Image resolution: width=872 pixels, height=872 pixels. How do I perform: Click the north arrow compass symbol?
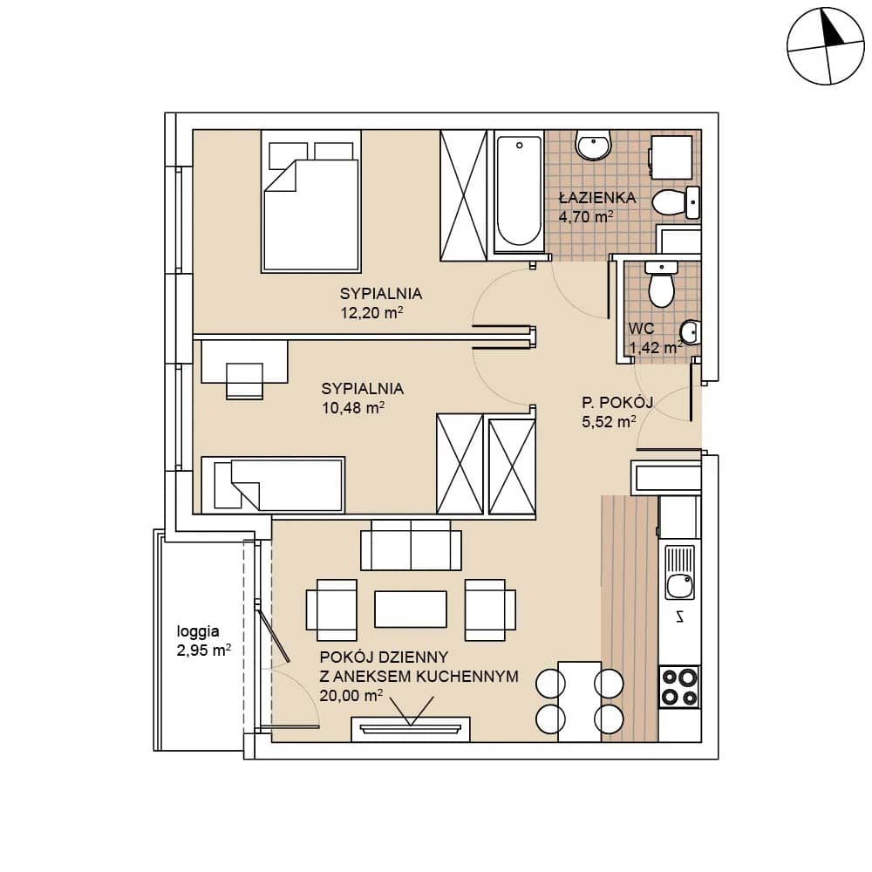click(x=826, y=46)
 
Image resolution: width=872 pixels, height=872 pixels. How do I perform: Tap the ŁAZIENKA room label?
click(x=597, y=197)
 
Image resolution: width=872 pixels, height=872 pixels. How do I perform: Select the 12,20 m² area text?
click(x=371, y=312)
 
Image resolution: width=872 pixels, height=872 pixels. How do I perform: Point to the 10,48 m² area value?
click(x=353, y=407)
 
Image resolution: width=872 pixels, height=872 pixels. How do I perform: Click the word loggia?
click(x=198, y=631)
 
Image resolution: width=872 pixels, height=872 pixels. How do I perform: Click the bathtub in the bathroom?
click(x=519, y=195)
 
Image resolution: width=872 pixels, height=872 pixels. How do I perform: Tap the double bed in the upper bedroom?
click(x=311, y=201)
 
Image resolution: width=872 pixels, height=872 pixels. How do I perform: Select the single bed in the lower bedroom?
click(x=272, y=484)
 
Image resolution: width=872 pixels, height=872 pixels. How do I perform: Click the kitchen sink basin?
click(x=680, y=586)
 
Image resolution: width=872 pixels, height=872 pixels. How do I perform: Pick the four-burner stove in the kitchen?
click(x=679, y=687)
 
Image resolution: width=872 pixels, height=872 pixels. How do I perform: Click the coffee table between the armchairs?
click(x=411, y=609)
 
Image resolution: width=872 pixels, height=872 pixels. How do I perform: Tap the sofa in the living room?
click(x=411, y=545)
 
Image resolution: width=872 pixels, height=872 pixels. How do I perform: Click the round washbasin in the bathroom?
click(x=594, y=145)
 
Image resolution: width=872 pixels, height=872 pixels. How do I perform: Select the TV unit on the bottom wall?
click(x=411, y=729)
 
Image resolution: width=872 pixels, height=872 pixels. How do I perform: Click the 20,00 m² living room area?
click(x=351, y=695)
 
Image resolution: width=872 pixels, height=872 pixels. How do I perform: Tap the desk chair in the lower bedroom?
click(x=245, y=381)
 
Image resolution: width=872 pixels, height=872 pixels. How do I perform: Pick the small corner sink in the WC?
click(x=691, y=332)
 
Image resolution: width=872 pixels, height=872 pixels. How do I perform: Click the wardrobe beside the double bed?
click(x=463, y=195)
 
